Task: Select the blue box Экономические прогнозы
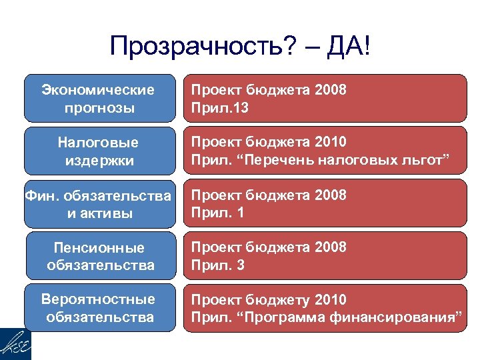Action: coord(98,98)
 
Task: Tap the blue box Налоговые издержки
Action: coord(98,151)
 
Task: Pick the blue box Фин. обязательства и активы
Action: coord(98,204)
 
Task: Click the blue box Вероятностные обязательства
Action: coord(98,308)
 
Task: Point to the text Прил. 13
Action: coord(219,107)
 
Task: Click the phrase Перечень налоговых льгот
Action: coord(351,160)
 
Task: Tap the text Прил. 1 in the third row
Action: coord(217,213)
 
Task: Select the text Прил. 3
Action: coord(217,265)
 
